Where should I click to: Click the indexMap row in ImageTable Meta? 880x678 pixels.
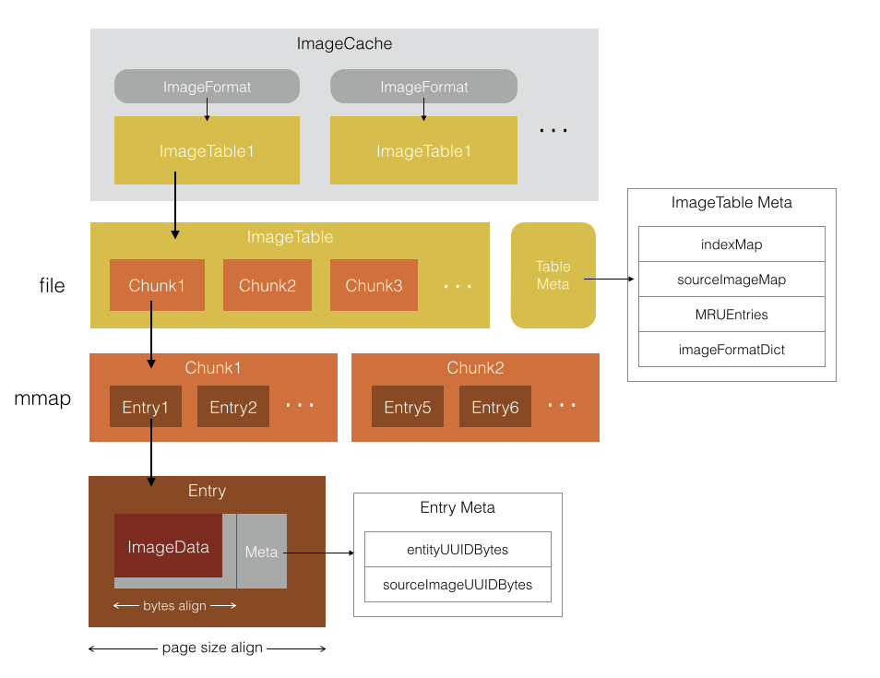click(731, 244)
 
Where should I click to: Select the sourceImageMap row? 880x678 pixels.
click(731, 280)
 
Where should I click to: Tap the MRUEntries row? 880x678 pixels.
click(731, 315)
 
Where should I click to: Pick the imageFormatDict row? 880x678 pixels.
click(731, 350)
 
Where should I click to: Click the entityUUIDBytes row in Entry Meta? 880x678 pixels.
click(458, 550)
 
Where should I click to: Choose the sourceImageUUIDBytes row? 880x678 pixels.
click(458, 585)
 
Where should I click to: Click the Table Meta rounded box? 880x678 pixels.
click(553, 275)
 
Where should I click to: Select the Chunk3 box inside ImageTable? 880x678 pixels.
click(374, 285)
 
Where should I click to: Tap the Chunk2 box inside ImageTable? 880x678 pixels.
click(268, 285)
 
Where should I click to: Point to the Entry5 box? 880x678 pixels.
click(408, 407)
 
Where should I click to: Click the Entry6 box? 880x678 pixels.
click(495, 407)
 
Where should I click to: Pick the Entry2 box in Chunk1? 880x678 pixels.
click(233, 407)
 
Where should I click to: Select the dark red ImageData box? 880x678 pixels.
click(169, 546)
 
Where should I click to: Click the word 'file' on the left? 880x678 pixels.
click(52, 286)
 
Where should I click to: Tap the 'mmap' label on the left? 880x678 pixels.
click(42, 400)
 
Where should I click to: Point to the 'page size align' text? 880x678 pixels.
click(212, 648)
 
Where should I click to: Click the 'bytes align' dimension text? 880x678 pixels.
click(175, 605)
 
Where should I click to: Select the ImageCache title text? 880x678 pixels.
click(345, 43)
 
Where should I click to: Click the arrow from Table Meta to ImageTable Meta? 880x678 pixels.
click(612, 278)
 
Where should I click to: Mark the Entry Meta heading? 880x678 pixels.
click(458, 507)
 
